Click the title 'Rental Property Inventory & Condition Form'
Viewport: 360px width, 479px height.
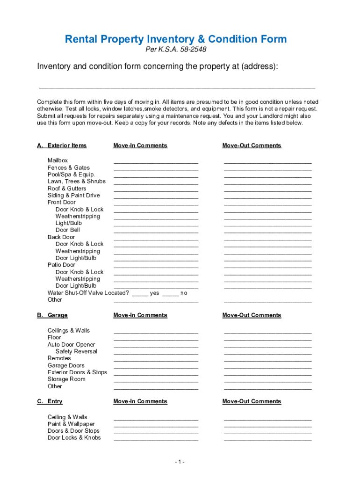click(175, 39)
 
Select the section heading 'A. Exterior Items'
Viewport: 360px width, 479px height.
click(62, 145)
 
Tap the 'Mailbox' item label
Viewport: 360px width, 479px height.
click(58, 160)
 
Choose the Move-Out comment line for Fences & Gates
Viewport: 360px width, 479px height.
click(267, 169)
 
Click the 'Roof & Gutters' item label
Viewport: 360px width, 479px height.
click(67, 189)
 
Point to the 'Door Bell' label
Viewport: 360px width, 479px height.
click(68, 230)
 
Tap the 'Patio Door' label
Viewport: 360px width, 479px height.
click(61, 265)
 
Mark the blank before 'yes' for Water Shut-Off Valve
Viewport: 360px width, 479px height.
click(140, 295)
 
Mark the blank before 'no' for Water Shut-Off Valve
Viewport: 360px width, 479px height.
click(171, 295)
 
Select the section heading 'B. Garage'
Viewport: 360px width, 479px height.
click(52, 315)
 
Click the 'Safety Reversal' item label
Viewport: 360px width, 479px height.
click(76, 351)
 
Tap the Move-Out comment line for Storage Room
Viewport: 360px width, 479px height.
click(267, 381)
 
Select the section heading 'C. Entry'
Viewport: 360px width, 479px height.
click(50, 401)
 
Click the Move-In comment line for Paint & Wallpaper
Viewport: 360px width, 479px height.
click(156, 426)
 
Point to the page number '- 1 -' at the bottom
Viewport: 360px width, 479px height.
click(180, 462)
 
